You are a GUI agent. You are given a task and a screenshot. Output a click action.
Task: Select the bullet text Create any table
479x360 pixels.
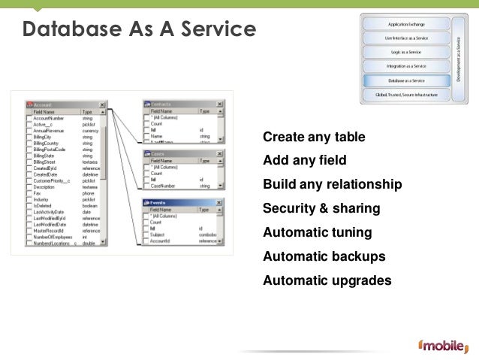pyautogui.click(x=314, y=138)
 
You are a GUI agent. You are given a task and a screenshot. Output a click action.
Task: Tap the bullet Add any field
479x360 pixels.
pyautogui.click(x=304, y=160)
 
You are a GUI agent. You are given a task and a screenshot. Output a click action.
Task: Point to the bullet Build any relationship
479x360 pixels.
pyautogui.click(x=333, y=185)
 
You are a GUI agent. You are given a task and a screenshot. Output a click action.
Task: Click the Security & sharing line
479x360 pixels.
pyautogui.click(x=321, y=208)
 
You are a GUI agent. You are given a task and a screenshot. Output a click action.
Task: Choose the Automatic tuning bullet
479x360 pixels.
pyautogui.click(x=317, y=232)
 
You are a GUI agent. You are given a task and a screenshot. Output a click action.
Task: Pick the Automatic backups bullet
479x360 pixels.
pyautogui.click(x=324, y=256)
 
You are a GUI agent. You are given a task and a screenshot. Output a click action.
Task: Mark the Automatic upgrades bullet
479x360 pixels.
pyautogui.click(x=327, y=280)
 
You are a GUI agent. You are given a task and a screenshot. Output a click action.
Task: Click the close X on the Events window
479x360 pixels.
pyautogui.click(x=218, y=203)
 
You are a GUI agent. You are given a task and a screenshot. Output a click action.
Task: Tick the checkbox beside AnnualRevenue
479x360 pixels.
pyautogui.click(x=29, y=131)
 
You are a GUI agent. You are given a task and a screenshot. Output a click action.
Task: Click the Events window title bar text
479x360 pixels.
pyautogui.click(x=158, y=203)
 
